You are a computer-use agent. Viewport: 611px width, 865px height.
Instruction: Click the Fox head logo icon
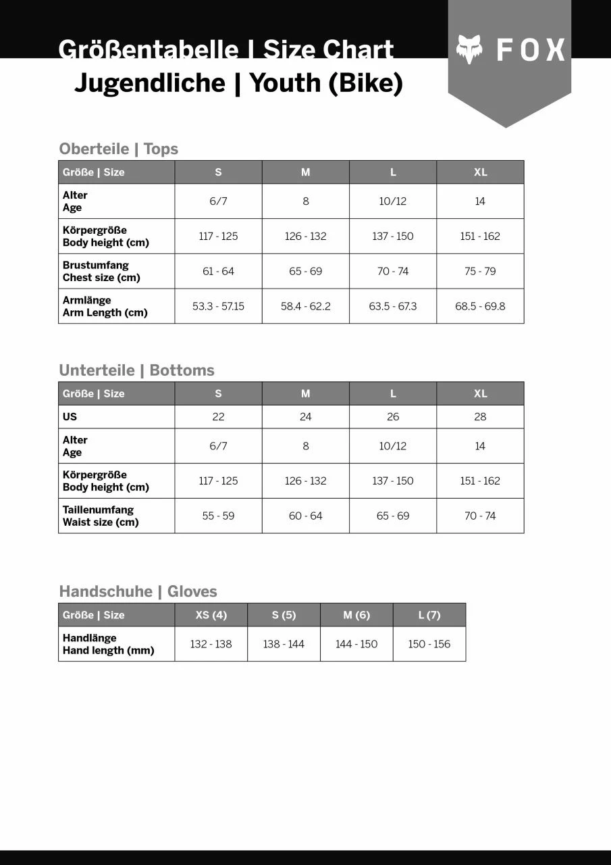[469, 49]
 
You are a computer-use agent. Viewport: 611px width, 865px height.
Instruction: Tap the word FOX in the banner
[531, 50]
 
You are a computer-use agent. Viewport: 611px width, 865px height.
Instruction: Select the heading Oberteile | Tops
[119, 149]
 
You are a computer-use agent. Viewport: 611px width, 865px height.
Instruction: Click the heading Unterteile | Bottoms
[136, 370]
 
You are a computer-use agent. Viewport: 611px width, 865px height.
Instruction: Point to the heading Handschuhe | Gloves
[138, 591]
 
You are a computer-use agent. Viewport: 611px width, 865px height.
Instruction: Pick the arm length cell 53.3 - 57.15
[218, 306]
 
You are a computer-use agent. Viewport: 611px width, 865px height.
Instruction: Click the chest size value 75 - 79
[480, 271]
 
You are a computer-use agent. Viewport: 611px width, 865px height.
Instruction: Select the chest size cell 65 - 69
[305, 271]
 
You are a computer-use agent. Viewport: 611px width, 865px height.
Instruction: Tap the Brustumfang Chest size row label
[101, 271]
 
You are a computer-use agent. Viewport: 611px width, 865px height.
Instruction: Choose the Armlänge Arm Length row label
[105, 306]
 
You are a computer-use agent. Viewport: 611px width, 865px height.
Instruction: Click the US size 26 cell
[393, 417]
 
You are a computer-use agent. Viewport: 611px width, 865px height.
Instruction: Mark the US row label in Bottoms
[70, 417]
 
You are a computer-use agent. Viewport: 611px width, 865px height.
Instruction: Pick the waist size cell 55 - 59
[218, 516]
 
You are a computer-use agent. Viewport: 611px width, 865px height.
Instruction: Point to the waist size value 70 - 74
[480, 516]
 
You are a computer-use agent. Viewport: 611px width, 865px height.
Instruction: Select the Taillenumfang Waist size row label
[101, 516]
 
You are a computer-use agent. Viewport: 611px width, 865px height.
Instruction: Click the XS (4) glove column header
[211, 615]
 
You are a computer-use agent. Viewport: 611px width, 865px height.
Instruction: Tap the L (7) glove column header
[429, 615]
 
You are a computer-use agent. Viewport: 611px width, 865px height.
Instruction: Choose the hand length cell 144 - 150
[356, 644]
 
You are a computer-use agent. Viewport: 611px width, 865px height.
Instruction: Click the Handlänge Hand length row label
[108, 644]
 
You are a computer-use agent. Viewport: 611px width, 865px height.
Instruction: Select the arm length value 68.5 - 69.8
[480, 306]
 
